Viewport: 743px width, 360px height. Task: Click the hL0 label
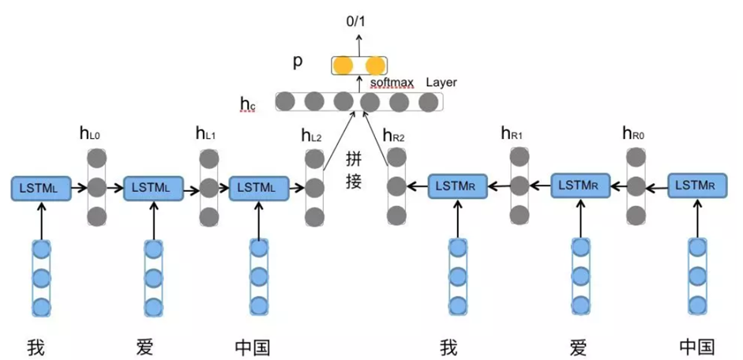[x=88, y=134]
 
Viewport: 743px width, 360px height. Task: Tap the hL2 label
[x=311, y=136]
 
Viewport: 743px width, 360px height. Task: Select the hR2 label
[x=394, y=136]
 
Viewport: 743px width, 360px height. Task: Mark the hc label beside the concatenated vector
[x=247, y=103]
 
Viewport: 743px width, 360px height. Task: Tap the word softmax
[x=393, y=82]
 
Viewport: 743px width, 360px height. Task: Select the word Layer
[x=441, y=82]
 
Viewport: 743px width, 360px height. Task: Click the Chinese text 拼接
[x=353, y=170]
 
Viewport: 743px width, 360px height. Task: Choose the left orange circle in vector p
[x=343, y=65]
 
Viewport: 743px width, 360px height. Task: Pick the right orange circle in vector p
[x=374, y=65]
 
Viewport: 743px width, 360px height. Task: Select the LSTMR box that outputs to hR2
[x=457, y=187]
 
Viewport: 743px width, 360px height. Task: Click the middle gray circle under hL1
[x=209, y=189]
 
